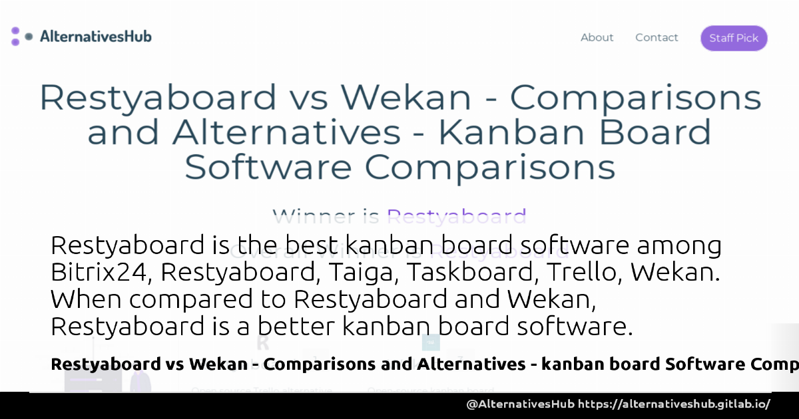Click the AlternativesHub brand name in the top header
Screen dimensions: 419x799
point(95,37)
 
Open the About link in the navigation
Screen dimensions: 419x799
point(597,38)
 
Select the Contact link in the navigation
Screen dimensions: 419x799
point(657,38)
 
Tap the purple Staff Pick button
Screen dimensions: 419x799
point(734,38)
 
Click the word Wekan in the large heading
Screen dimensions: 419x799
point(406,98)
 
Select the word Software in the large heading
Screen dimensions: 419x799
point(268,167)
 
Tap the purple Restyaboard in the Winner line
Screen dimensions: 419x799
point(457,217)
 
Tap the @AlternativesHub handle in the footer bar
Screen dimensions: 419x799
point(520,404)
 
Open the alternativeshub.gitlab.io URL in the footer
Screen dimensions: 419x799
point(674,404)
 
